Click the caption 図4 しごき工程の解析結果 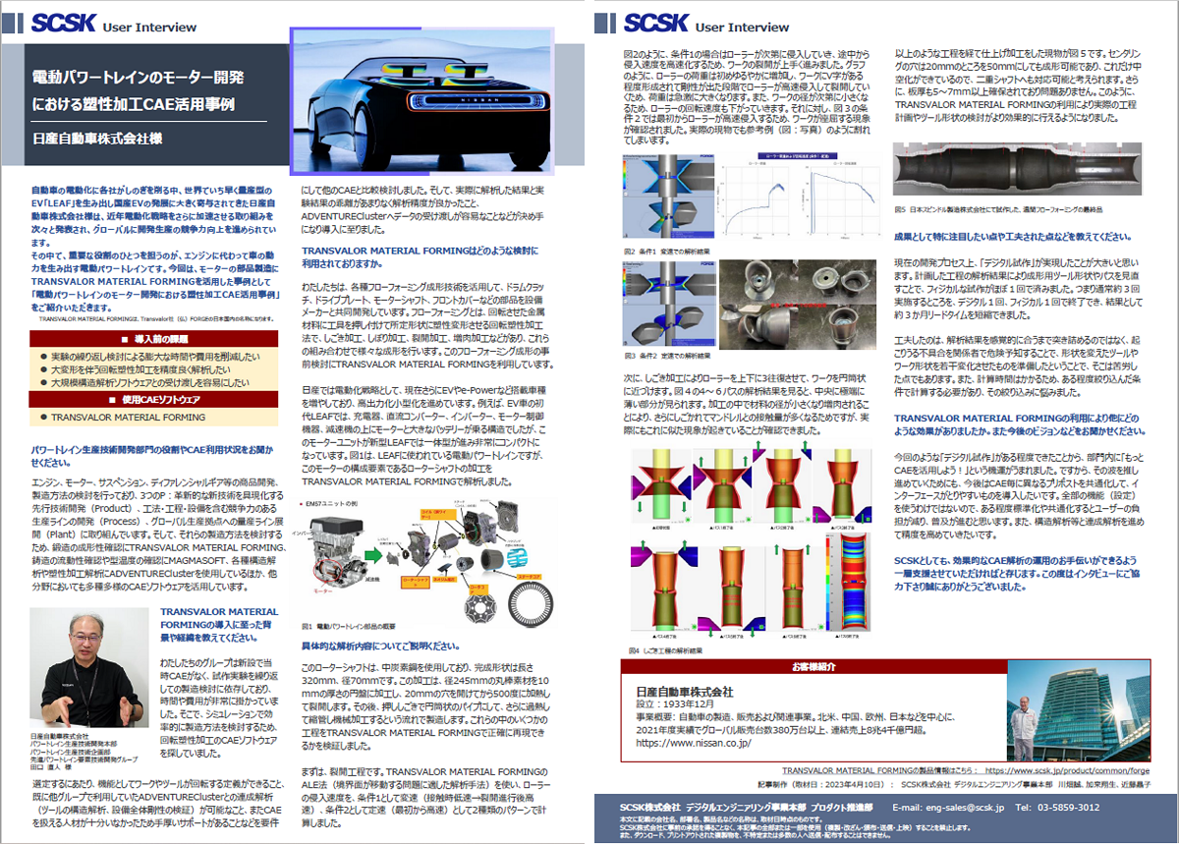(x=673, y=649)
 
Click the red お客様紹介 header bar (x=814, y=667)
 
